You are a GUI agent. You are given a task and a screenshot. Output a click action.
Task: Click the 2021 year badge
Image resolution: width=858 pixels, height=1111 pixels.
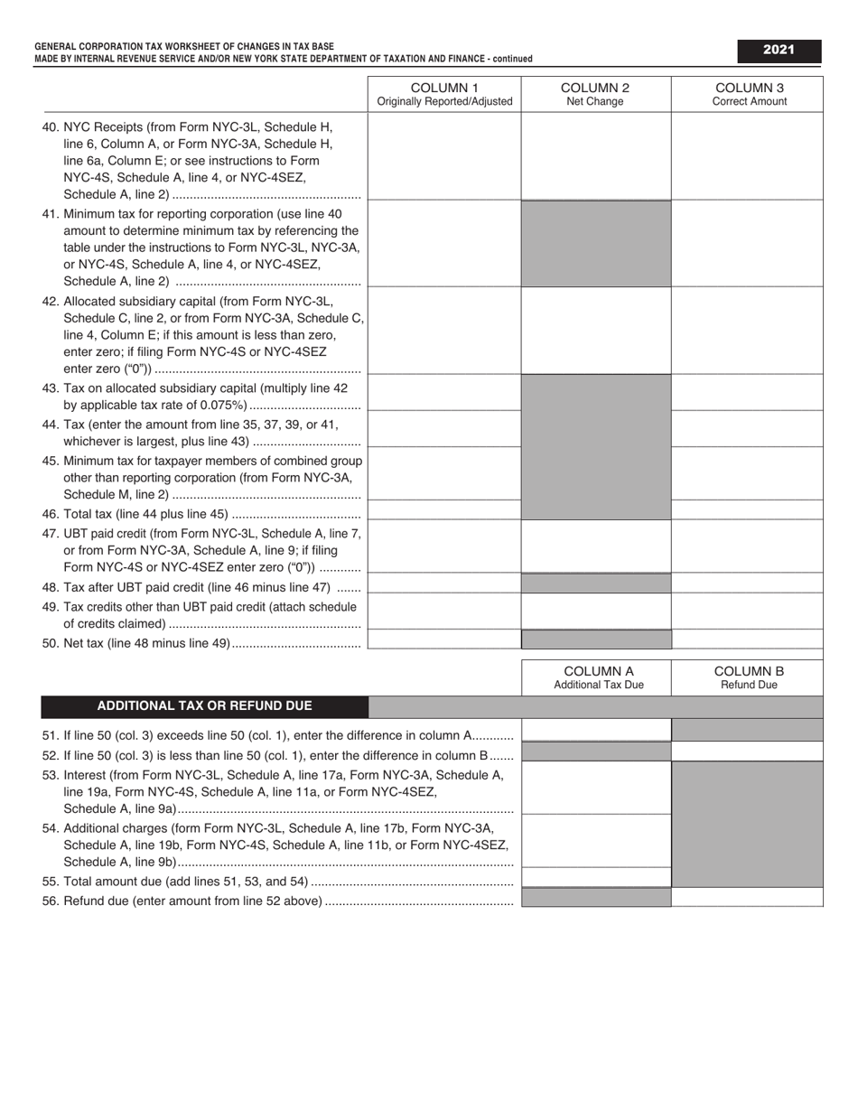(x=778, y=51)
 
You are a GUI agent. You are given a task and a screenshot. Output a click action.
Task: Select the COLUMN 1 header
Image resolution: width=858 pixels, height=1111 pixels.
(x=444, y=94)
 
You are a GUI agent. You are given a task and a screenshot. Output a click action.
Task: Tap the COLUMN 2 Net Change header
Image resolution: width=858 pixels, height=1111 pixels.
(x=595, y=94)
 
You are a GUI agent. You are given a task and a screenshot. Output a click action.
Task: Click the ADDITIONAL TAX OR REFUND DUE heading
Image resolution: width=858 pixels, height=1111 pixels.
(x=205, y=706)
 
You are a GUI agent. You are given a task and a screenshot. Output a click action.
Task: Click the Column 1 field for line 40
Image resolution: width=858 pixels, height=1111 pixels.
(x=444, y=155)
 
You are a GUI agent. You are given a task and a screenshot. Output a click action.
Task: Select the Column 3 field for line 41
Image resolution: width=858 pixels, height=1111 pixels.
(x=747, y=244)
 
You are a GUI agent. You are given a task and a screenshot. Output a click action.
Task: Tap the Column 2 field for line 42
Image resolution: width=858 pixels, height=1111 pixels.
(x=596, y=331)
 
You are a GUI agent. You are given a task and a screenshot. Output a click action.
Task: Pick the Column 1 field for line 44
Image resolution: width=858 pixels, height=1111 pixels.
(x=444, y=429)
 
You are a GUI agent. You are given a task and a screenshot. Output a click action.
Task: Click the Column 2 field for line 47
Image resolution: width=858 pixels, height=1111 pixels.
(x=596, y=546)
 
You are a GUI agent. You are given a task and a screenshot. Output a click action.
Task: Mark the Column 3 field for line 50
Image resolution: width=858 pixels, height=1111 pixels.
(x=747, y=640)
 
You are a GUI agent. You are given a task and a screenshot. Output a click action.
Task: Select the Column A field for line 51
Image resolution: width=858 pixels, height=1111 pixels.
(x=597, y=730)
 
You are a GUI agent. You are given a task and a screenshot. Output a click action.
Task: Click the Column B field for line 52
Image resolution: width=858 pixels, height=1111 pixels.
(x=747, y=751)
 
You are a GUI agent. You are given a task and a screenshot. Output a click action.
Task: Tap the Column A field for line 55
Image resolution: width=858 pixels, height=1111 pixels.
(x=597, y=877)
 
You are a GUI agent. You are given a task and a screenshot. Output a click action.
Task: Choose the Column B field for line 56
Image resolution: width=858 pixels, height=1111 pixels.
(x=747, y=897)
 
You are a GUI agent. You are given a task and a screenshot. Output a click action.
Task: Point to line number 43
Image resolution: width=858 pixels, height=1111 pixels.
(x=51, y=388)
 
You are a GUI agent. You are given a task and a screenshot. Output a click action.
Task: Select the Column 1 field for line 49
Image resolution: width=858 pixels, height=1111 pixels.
(x=444, y=611)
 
